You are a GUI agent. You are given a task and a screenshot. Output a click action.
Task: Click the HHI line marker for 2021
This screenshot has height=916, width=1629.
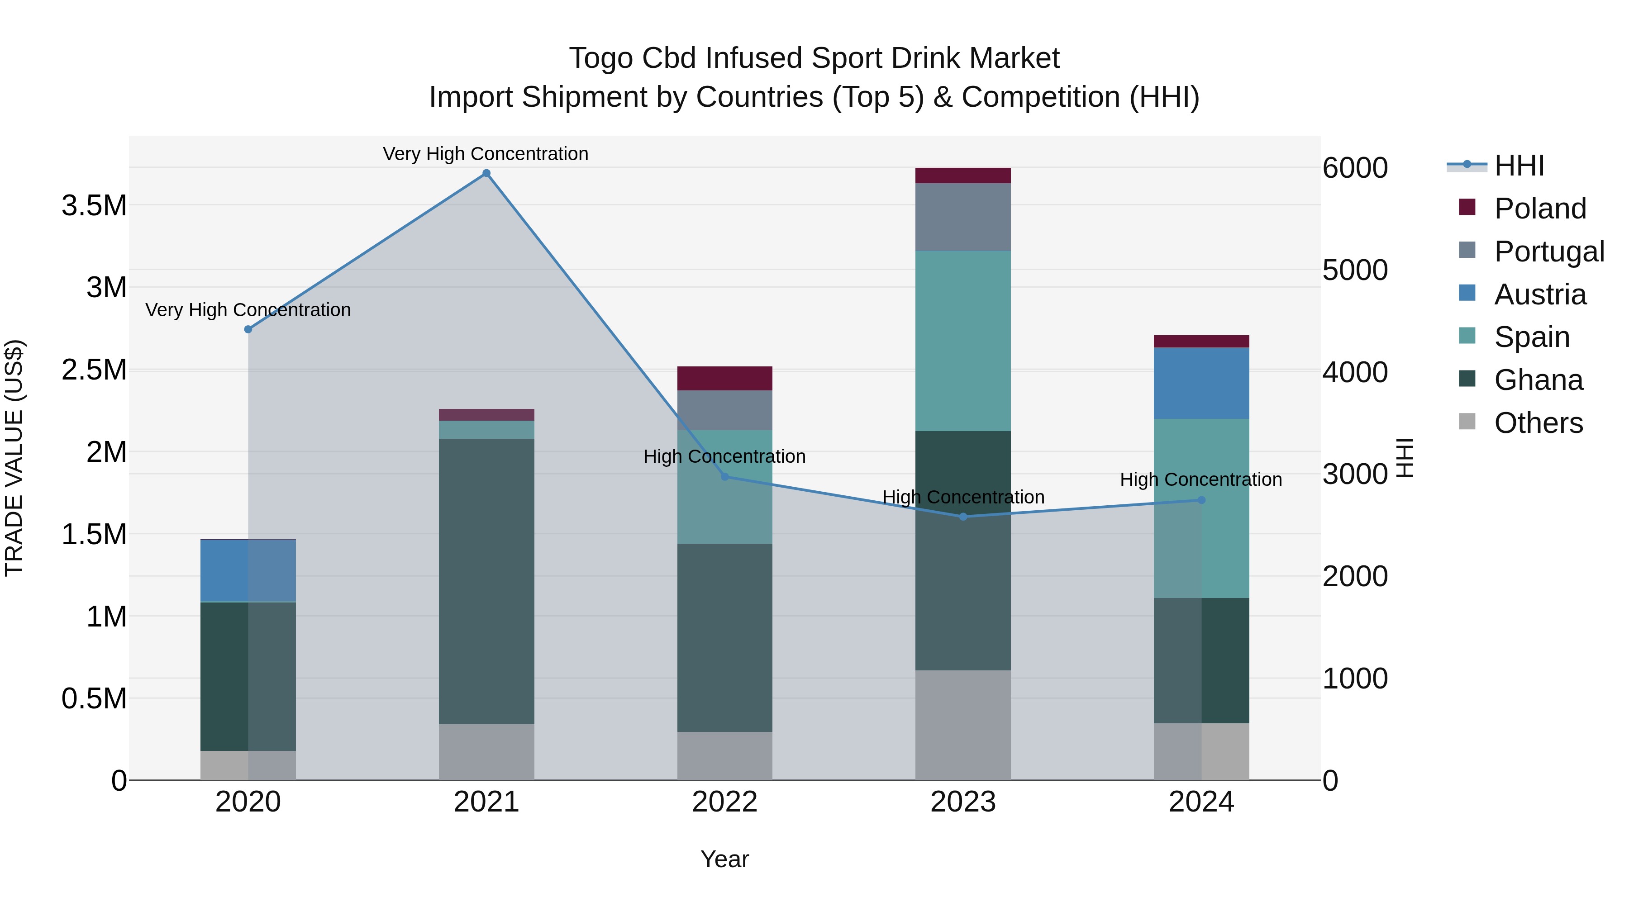[486, 173]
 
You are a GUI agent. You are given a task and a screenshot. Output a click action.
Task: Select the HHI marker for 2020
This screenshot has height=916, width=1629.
[248, 329]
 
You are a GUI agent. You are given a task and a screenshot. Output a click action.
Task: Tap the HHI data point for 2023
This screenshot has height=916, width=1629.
[963, 517]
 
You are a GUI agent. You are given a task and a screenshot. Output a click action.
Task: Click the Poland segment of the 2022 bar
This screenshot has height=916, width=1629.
[725, 378]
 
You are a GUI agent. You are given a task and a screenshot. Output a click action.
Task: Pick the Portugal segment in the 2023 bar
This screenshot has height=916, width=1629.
[963, 217]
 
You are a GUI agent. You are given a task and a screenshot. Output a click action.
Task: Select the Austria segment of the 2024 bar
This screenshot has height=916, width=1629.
[1201, 383]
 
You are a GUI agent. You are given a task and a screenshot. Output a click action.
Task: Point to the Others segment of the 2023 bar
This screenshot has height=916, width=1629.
[963, 725]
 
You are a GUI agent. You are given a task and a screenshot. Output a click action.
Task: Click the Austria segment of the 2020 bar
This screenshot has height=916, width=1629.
[248, 570]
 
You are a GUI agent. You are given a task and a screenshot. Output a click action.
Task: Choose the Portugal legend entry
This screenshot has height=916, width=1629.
[1549, 252]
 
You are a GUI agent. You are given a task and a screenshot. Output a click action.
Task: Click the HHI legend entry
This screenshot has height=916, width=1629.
[1519, 166]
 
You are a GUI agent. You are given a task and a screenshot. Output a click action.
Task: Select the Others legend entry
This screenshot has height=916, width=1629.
[1538, 423]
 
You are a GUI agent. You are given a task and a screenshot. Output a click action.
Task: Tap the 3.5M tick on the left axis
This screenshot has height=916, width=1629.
[94, 205]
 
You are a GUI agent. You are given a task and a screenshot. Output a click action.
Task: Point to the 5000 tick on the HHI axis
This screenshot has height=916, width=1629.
[1354, 270]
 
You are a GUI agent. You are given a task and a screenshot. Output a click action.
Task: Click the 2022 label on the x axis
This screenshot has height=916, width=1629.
[725, 802]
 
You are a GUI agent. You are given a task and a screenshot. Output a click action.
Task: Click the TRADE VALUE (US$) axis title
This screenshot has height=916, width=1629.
[14, 458]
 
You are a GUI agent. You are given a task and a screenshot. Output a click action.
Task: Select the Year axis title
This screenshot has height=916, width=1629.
[725, 859]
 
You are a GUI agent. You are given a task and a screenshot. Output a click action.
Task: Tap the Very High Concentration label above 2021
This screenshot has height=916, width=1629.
[486, 154]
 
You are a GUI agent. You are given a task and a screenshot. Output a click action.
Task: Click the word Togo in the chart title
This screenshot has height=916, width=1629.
[601, 58]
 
